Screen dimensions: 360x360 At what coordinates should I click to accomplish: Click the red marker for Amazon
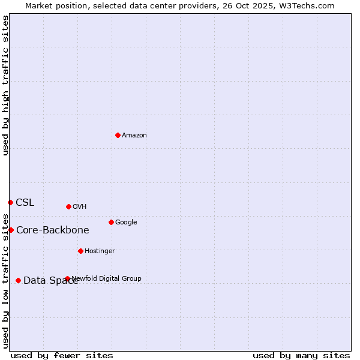[118, 135]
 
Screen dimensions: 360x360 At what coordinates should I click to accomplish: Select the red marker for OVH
[68, 206]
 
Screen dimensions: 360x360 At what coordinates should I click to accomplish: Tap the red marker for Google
[111, 222]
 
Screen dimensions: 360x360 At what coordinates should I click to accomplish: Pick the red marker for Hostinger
[80, 251]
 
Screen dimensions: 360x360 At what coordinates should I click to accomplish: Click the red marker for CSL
[10, 202]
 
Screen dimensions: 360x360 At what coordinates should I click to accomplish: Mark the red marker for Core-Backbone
[11, 230]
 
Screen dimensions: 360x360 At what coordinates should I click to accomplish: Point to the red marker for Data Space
[18, 280]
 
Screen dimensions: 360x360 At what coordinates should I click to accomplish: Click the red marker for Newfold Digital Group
[67, 278]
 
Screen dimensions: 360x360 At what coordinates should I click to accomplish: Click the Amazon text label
[134, 135]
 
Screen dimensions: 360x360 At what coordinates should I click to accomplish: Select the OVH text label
[80, 206]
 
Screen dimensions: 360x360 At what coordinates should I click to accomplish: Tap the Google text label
[126, 222]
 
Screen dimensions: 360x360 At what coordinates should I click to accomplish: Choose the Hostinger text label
[100, 251]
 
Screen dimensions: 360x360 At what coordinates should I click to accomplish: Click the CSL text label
[25, 202]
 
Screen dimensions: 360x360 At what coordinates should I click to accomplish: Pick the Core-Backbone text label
[53, 230]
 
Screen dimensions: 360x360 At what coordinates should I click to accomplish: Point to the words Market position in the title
[55, 6]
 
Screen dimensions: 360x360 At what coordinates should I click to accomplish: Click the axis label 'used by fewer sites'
[62, 355]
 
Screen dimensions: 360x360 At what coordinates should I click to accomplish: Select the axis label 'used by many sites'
[301, 355]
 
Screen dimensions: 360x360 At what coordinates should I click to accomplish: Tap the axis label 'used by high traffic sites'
[6, 86]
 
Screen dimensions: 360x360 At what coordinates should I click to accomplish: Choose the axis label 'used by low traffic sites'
[6, 280]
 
